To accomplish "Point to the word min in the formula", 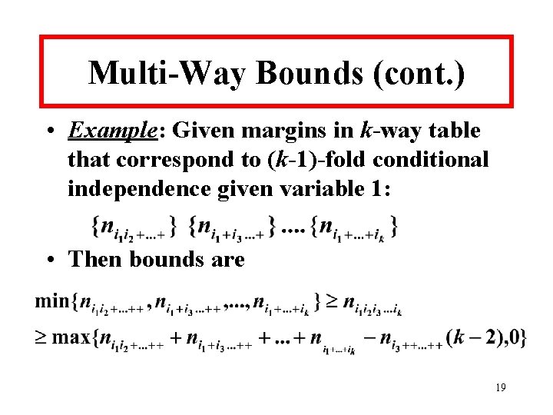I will [x=51, y=300].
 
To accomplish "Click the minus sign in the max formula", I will [x=369, y=338].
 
